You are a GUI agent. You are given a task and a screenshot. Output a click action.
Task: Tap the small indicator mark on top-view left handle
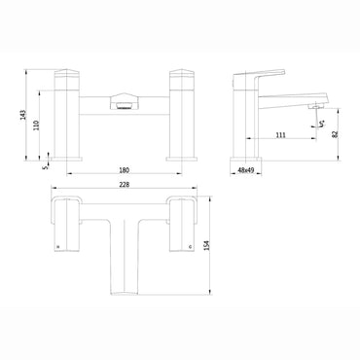pyautogui.click(x=60, y=247)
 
